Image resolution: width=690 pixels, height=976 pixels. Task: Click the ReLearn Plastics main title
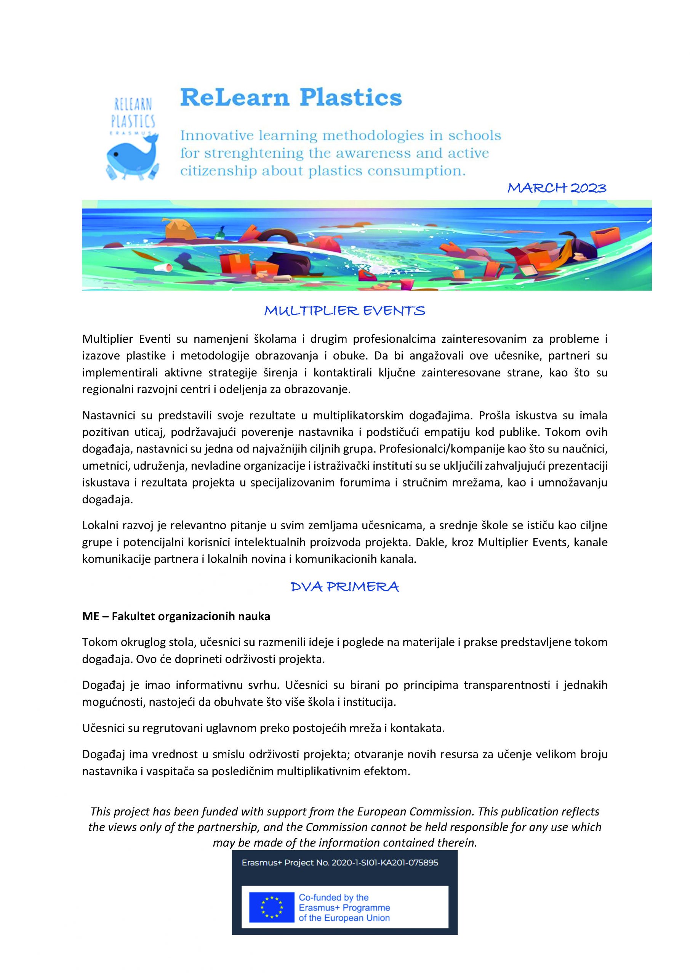tap(291, 98)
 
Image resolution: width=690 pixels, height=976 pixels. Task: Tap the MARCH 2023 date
tap(557, 188)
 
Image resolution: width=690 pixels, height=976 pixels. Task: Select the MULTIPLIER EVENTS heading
tap(344, 311)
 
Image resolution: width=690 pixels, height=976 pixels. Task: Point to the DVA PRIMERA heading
tap(344, 587)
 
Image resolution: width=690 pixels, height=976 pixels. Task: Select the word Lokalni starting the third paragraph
tap(100, 525)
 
